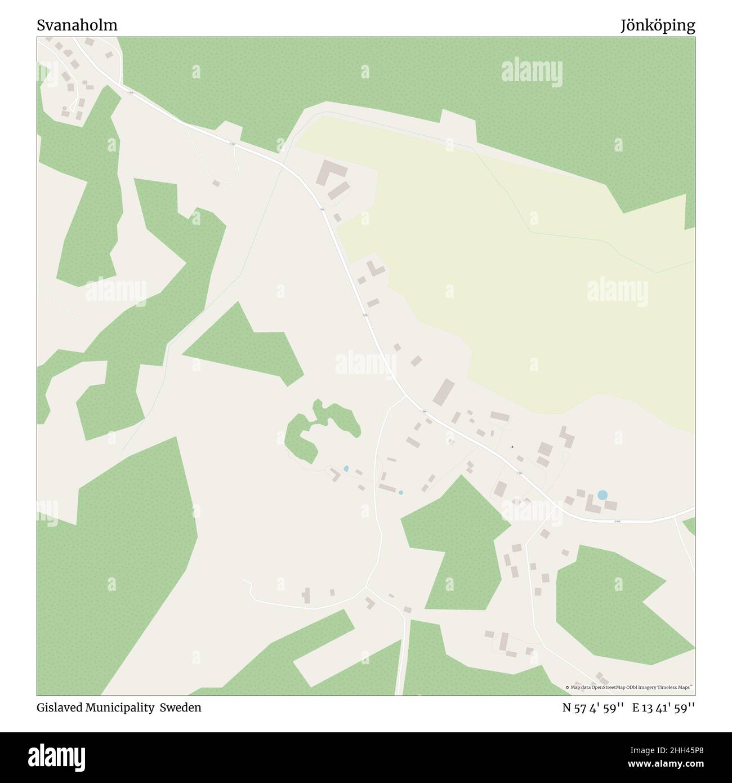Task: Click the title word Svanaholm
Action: [x=77, y=25]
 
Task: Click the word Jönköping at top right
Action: [x=658, y=25]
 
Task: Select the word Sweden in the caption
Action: [x=180, y=708]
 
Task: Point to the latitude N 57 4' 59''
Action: [x=592, y=708]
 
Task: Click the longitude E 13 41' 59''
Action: [x=663, y=708]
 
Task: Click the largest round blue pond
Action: [x=602, y=495]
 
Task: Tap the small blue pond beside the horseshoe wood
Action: [x=346, y=469]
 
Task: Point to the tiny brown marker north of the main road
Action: [x=512, y=447]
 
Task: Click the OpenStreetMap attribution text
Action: [x=630, y=687]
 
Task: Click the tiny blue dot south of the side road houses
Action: [x=400, y=492]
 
